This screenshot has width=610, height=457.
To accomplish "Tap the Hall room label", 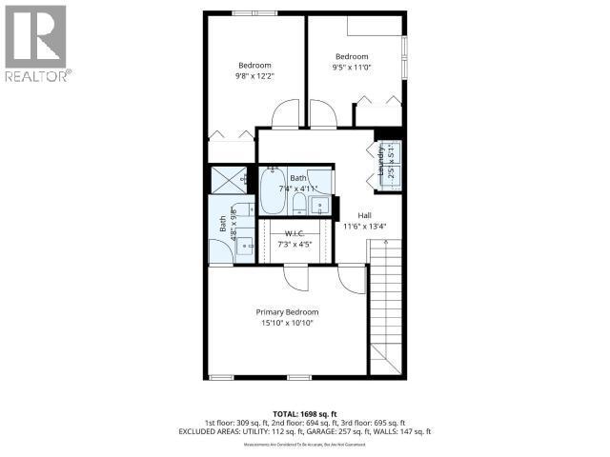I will [364, 216].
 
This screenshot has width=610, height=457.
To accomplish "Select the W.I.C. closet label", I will [294, 234].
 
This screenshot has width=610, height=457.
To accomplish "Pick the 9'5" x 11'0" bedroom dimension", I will [352, 67].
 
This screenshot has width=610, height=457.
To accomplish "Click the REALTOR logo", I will [36, 43].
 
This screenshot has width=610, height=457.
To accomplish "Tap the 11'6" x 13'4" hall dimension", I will [364, 227].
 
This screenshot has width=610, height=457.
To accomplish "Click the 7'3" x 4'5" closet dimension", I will [294, 245].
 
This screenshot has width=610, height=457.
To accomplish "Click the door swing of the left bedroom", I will [285, 115].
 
